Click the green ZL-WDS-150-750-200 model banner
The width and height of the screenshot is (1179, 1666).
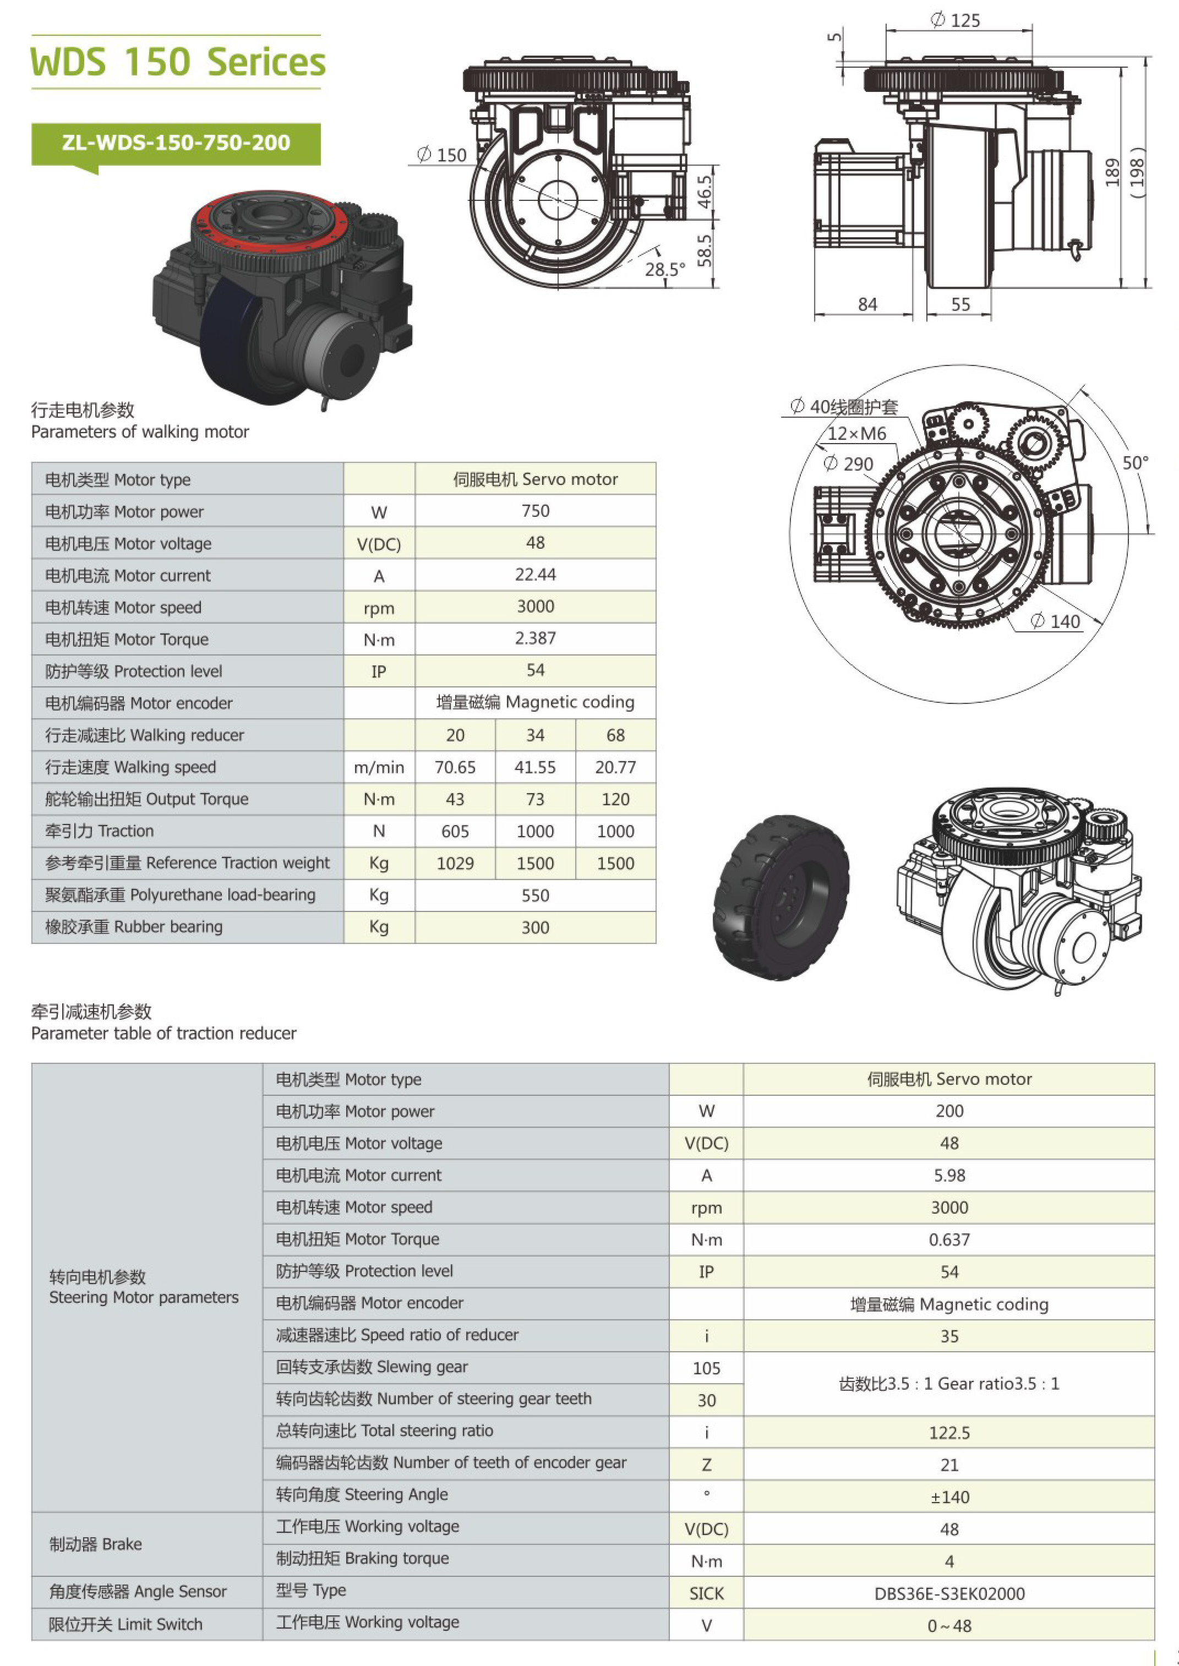[176, 144]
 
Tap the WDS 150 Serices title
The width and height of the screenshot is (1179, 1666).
[178, 62]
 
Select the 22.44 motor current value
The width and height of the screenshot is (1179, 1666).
[535, 575]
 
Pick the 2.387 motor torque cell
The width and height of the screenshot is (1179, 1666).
[535, 639]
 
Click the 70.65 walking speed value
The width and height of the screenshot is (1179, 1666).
[455, 767]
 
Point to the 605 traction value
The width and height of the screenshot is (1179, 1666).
[455, 831]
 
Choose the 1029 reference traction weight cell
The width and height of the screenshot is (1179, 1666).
[455, 863]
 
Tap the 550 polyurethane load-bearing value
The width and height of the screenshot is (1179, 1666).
[535, 895]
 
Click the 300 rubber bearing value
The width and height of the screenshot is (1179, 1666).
[535, 927]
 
